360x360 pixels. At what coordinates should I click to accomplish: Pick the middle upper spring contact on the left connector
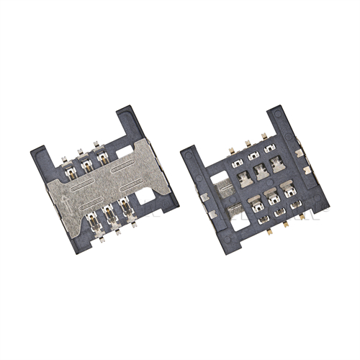[88, 165]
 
